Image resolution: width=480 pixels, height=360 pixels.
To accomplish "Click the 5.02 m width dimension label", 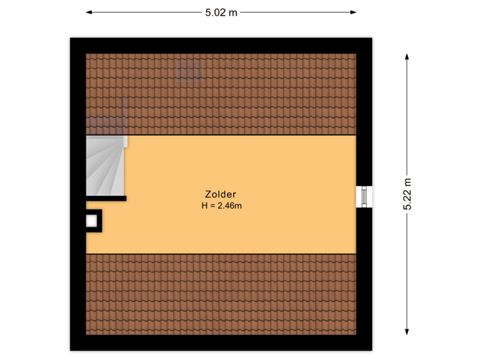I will click(x=221, y=12).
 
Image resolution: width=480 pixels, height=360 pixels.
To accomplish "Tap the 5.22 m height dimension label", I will click(x=407, y=194).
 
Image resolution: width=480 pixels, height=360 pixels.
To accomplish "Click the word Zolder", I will click(x=221, y=195).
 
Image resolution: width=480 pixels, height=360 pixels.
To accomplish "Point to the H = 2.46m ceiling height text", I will click(x=221, y=206).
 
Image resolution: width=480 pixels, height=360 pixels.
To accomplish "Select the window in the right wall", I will click(x=365, y=197).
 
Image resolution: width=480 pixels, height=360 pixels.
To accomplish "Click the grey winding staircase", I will click(x=105, y=166).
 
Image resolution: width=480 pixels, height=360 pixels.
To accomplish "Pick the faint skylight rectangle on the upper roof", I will click(x=189, y=71).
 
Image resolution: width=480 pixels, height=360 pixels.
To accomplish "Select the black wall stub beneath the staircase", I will click(x=107, y=198).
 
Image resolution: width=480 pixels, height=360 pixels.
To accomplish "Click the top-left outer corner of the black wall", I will click(x=68, y=36).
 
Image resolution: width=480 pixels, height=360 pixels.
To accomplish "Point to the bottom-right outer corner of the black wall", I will click(x=374, y=352).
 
